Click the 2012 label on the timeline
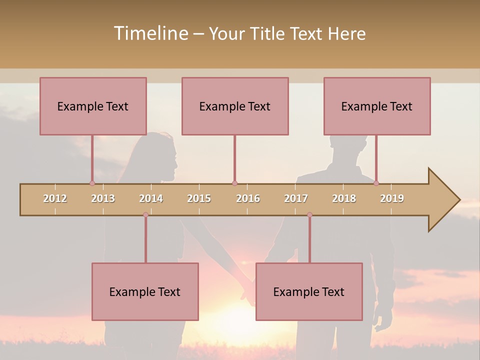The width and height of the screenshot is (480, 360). (x=55, y=198)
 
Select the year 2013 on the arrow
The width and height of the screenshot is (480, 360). (x=103, y=198)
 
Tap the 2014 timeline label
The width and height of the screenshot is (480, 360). (x=151, y=198)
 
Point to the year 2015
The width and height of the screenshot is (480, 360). (x=199, y=198)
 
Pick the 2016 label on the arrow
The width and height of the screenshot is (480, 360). (x=248, y=198)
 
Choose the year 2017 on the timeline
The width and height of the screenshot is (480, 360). (x=296, y=198)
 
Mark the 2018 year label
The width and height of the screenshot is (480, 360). (x=344, y=198)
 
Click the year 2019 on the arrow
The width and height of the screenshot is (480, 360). (x=392, y=198)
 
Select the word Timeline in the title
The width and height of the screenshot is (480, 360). (x=150, y=33)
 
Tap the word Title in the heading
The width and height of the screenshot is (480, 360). (x=268, y=33)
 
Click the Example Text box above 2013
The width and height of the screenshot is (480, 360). (x=93, y=106)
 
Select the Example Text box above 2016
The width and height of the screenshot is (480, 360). (x=235, y=106)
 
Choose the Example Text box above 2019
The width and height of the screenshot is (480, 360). (x=377, y=106)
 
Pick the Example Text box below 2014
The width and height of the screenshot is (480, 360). (x=145, y=291)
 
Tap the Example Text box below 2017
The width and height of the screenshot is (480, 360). (x=309, y=291)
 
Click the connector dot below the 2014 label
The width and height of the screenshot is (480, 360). (x=145, y=215)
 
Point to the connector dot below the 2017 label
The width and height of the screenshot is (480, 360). (x=309, y=215)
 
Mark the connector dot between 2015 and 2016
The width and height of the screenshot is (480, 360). (x=234, y=183)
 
